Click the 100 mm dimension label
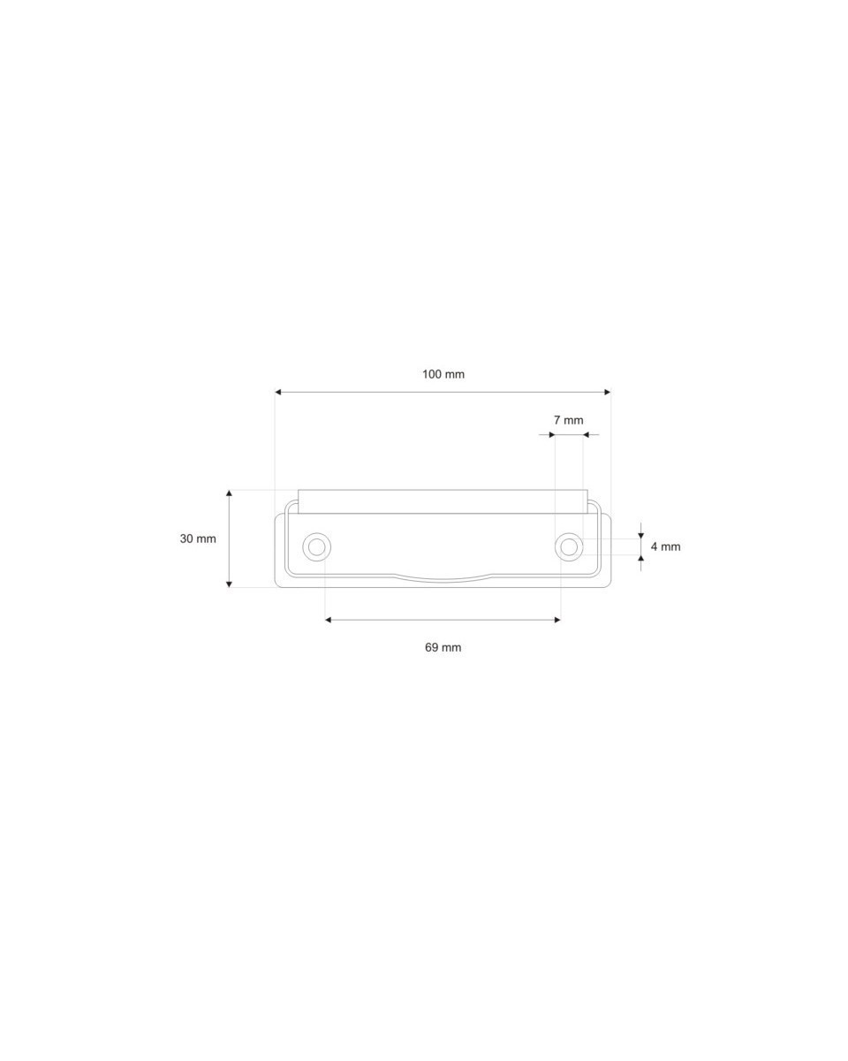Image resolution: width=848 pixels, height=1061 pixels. click(x=443, y=374)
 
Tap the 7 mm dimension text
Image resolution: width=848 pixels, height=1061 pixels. click(x=568, y=420)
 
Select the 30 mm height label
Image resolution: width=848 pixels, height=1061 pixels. click(x=198, y=538)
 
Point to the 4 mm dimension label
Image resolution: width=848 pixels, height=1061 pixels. click(x=665, y=546)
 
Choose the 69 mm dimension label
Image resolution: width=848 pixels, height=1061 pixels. click(x=443, y=647)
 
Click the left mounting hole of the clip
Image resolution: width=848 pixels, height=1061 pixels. click(x=316, y=546)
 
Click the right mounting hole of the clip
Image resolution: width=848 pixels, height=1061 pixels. click(x=569, y=546)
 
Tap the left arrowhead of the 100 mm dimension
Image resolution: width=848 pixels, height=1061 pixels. click(x=277, y=392)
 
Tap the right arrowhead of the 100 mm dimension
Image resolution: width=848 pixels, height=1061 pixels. click(x=607, y=392)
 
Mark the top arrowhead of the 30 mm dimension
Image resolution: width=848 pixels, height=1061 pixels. click(x=229, y=493)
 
